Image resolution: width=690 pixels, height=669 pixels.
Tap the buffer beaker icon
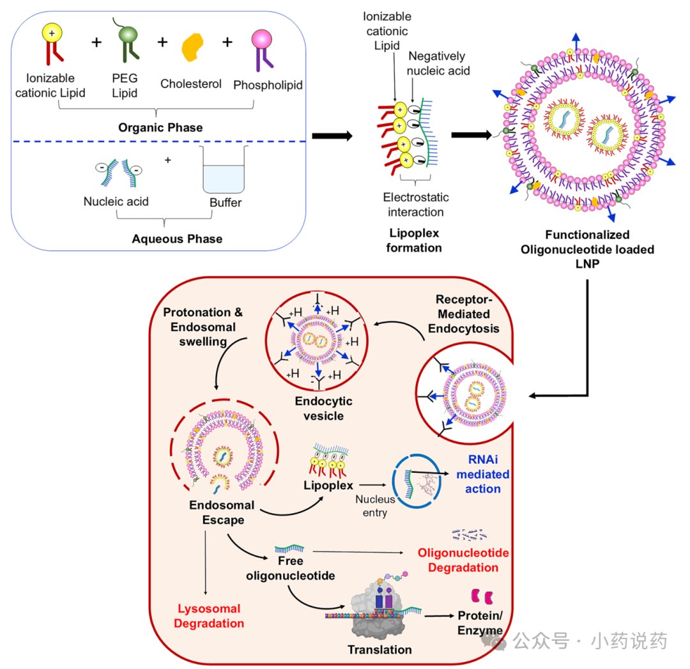click(224, 169)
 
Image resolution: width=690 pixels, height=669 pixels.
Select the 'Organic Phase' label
click(160, 127)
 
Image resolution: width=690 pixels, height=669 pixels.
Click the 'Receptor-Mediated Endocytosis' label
click(464, 314)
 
